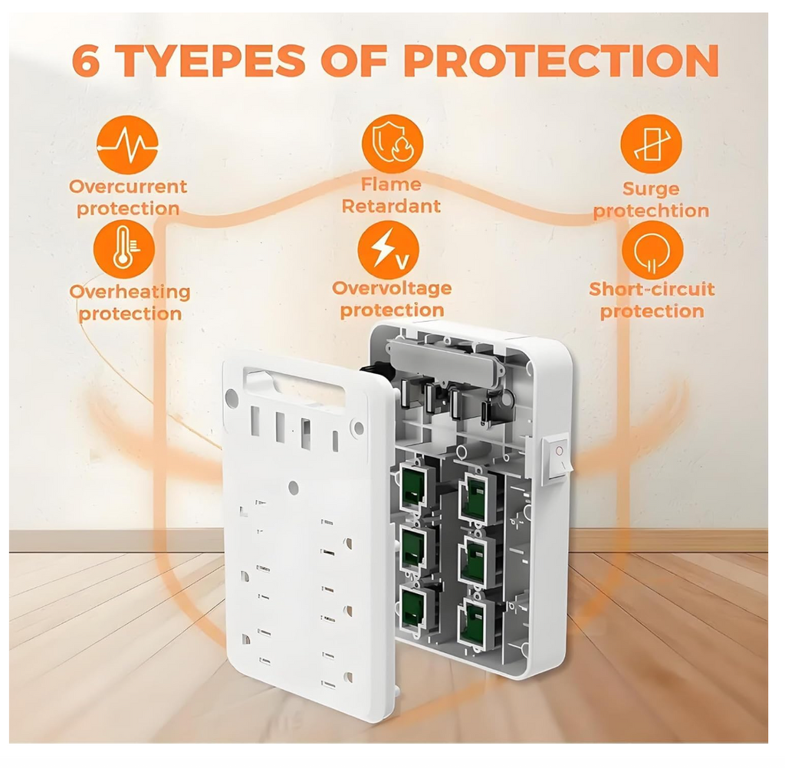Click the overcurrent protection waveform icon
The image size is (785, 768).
[126, 144]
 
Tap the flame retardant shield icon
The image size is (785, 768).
[391, 143]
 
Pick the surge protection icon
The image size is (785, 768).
[651, 144]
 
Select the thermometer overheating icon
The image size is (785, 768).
[123, 250]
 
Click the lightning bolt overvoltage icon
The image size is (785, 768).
[389, 250]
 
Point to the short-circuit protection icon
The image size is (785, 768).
[652, 250]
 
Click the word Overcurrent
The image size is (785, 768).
[128, 186]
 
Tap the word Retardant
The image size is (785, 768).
[391, 206]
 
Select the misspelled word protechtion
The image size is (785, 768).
[651, 211]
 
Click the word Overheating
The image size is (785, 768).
[130, 292]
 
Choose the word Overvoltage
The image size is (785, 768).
[392, 288]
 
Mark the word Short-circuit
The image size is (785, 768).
[652, 289]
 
